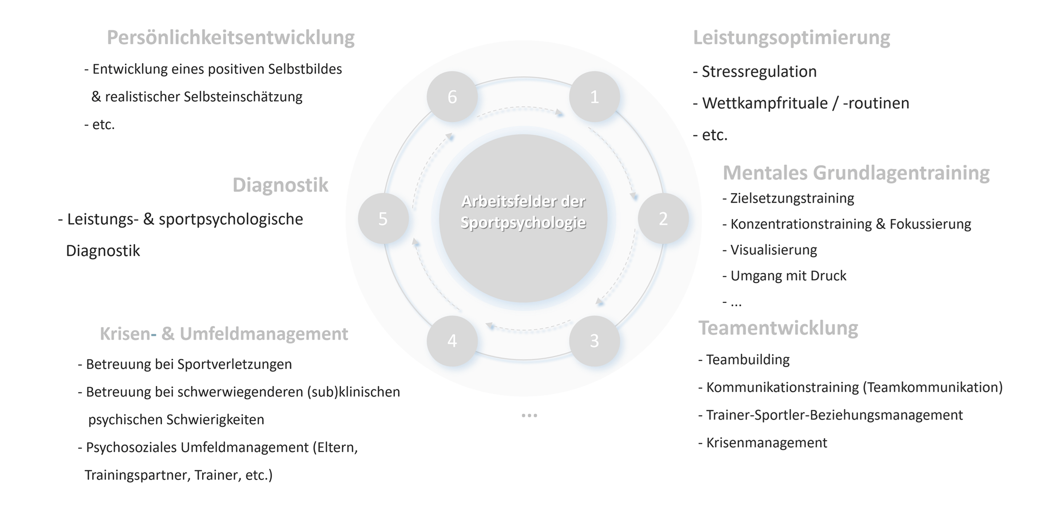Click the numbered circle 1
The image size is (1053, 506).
pyautogui.click(x=594, y=97)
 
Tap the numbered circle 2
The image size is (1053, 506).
pyautogui.click(x=663, y=219)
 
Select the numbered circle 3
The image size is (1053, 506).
pyautogui.click(x=594, y=340)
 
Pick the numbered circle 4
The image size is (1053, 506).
pyautogui.click(x=452, y=340)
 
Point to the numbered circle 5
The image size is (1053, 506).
pyautogui.click(x=383, y=219)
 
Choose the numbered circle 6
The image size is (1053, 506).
pyautogui.click(x=452, y=97)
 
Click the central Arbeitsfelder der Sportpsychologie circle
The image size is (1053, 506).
pyautogui.click(x=523, y=219)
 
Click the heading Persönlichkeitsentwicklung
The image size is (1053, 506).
pyautogui.click(x=230, y=38)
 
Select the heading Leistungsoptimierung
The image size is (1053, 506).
pyautogui.click(x=791, y=38)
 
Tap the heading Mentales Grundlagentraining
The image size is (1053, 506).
pyautogui.click(x=856, y=173)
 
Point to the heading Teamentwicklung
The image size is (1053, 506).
pyautogui.click(x=778, y=328)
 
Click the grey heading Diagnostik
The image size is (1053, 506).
pyautogui.click(x=280, y=185)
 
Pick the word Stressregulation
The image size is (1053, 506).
pyautogui.click(x=759, y=71)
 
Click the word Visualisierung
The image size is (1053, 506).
pyautogui.click(x=773, y=250)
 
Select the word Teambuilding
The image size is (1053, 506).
pyautogui.click(x=748, y=359)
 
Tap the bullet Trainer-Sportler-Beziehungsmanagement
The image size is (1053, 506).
pyautogui.click(x=834, y=415)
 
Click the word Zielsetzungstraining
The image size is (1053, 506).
pyautogui.click(x=792, y=198)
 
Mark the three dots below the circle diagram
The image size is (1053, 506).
pyautogui.click(x=529, y=415)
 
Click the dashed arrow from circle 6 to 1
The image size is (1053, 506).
pyautogui.click(x=522, y=109)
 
